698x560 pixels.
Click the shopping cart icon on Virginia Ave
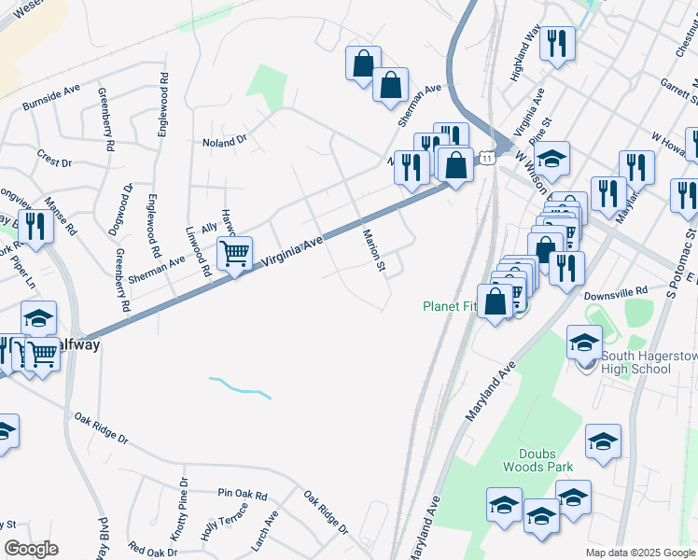pyautogui.click(x=235, y=252)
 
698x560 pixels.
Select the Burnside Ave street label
pyautogui.click(x=52, y=94)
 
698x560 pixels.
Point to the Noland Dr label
pyautogui.click(x=224, y=142)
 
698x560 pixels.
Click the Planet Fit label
pyautogui.click(x=452, y=306)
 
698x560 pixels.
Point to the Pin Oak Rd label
pyautogui.click(x=243, y=493)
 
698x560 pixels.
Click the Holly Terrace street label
pyautogui.click(x=224, y=522)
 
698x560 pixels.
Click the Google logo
pyautogui.click(x=31, y=549)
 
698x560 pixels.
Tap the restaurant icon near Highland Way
pyautogui.click(x=557, y=42)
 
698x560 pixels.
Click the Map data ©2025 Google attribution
pyautogui.click(x=640, y=553)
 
